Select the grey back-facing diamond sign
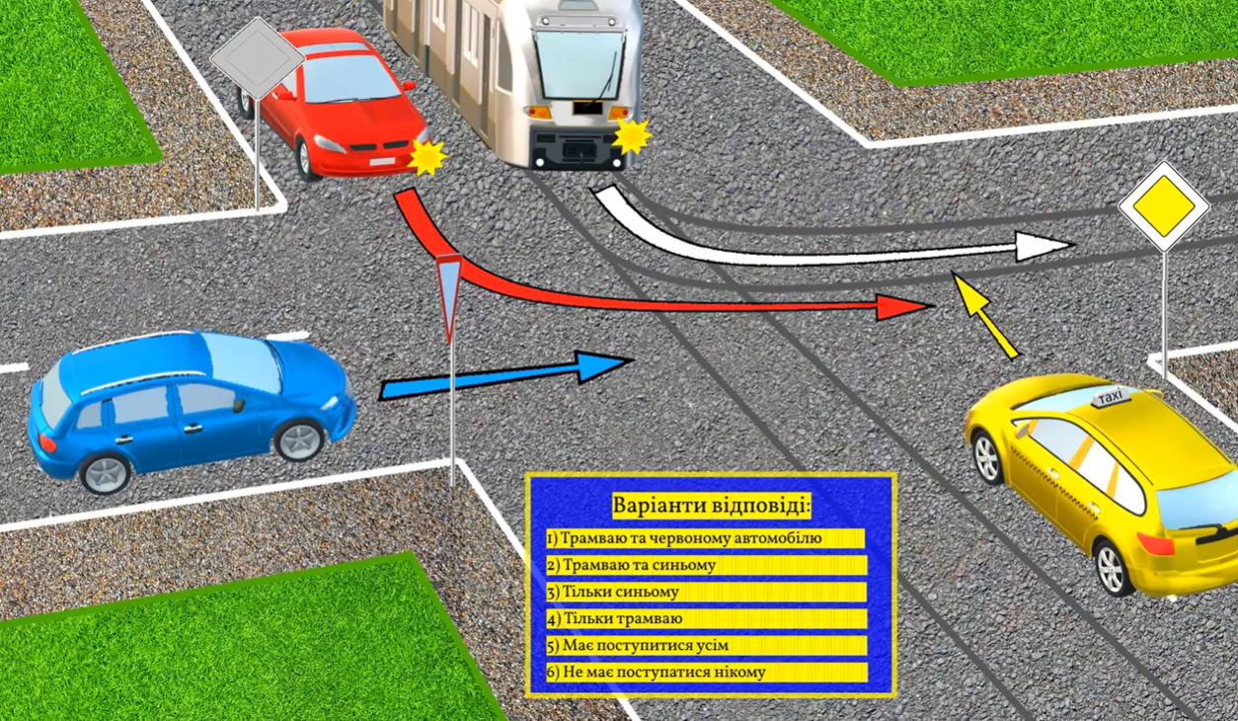click(x=258, y=59)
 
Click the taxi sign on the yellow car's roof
click(x=1110, y=397)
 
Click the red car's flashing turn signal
click(x=426, y=157)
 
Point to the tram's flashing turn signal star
click(x=631, y=136)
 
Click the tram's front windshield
click(x=580, y=65)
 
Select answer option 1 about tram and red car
click(x=705, y=538)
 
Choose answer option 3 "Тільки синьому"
click(x=706, y=593)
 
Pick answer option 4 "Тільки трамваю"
click(x=706, y=618)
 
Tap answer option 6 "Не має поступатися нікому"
click(x=706, y=673)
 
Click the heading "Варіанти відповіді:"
click(x=712, y=506)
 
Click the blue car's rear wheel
click(x=105, y=474)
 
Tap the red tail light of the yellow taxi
click(x=1155, y=543)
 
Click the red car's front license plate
click(x=382, y=162)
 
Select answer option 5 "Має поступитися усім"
click(x=706, y=645)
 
